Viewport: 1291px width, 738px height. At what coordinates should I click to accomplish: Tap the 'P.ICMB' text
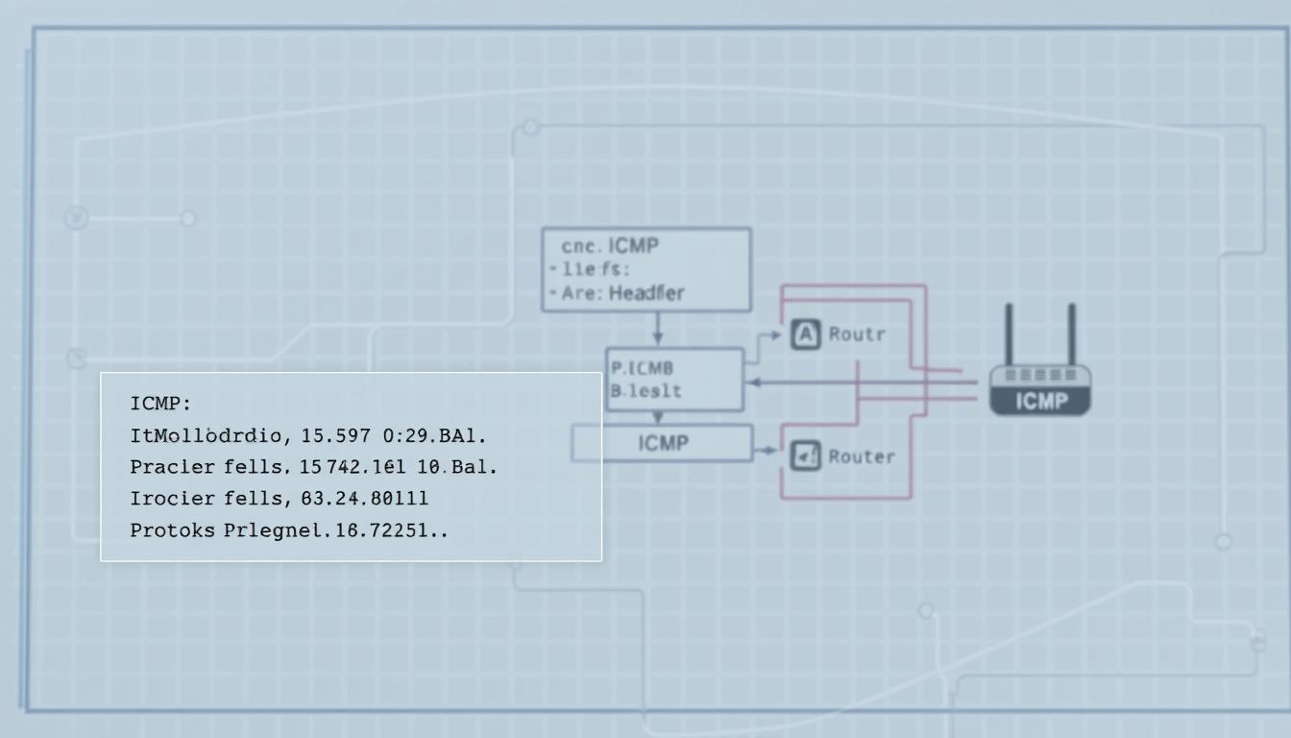[642, 368]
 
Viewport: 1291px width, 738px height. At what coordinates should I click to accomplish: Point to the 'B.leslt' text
[645, 391]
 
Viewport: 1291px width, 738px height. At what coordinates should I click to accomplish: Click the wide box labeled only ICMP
[663, 444]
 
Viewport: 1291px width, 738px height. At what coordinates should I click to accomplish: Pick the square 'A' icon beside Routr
[805, 335]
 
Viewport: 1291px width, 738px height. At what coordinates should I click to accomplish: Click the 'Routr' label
[856, 335]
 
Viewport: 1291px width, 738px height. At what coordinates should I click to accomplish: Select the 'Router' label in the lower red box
[862, 456]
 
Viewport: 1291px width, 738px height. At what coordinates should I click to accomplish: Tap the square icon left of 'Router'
[805, 456]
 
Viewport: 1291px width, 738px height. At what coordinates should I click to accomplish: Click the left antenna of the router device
[1009, 334]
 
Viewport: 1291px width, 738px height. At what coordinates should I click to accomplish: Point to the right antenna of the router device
[1071, 334]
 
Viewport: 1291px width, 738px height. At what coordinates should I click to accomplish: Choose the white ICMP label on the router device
[1040, 402]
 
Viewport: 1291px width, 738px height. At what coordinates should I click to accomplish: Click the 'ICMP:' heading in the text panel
[160, 403]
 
